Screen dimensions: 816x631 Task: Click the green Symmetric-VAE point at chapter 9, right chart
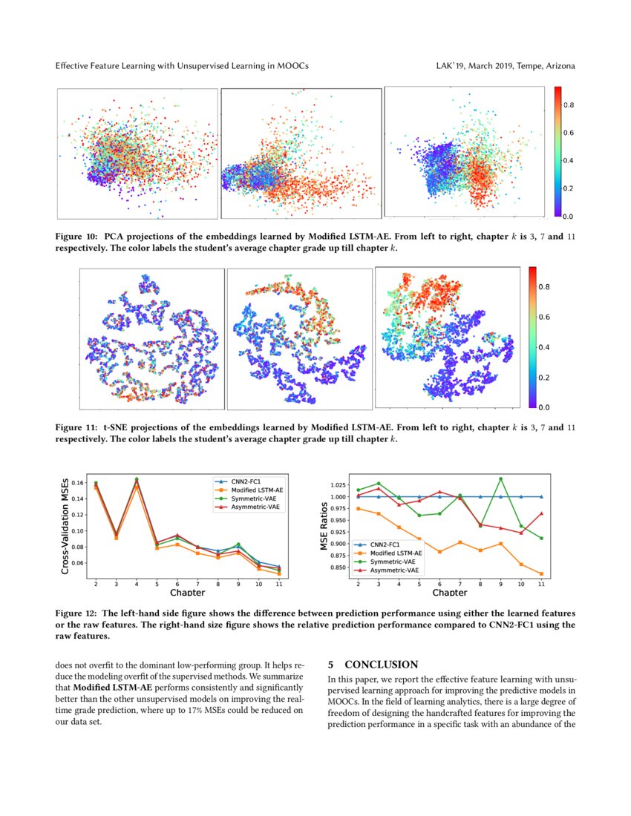pyautogui.click(x=501, y=479)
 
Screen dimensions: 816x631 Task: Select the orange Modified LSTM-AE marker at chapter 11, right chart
pyautogui.click(x=542, y=573)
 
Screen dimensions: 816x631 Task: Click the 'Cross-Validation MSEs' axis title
pyautogui.click(x=66, y=525)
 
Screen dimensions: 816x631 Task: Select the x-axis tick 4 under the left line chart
pyautogui.click(x=137, y=585)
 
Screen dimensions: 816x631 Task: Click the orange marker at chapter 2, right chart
pyautogui.click(x=359, y=508)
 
